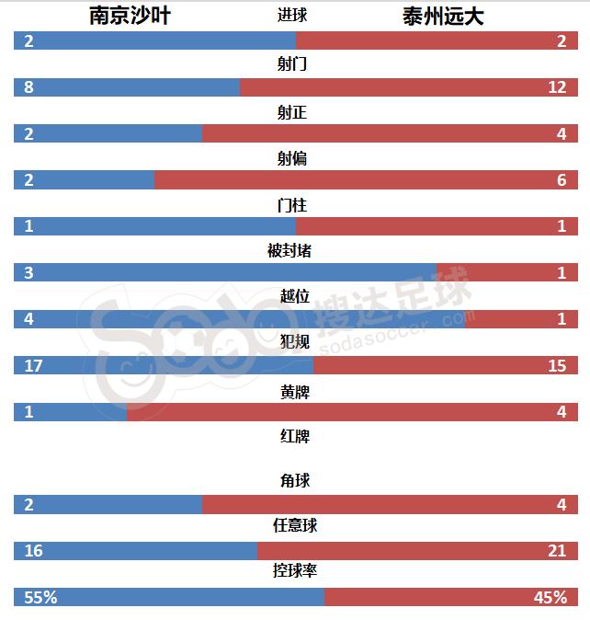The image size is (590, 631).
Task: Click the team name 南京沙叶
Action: [x=130, y=16]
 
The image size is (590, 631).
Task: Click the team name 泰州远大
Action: [x=443, y=16]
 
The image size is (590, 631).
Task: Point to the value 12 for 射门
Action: [x=557, y=87]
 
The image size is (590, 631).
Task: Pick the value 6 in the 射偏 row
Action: [x=562, y=180]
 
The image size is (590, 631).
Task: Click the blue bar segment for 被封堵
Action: [x=225, y=272]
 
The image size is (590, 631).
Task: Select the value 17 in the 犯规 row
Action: [x=34, y=365]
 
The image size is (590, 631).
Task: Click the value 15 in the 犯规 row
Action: [x=557, y=365]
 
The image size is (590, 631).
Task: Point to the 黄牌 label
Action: [x=295, y=391]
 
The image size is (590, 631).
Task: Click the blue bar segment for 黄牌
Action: [x=70, y=412]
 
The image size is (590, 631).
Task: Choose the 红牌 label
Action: [x=295, y=436]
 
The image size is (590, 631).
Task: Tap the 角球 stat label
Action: [x=295, y=480]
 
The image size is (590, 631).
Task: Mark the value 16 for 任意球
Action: [x=34, y=551]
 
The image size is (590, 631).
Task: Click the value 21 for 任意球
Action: [x=557, y=551]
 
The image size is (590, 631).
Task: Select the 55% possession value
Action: [x=40, y=597]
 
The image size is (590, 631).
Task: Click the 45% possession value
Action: [x=550, y=597]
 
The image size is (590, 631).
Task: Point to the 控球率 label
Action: [x=295, y=571]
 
